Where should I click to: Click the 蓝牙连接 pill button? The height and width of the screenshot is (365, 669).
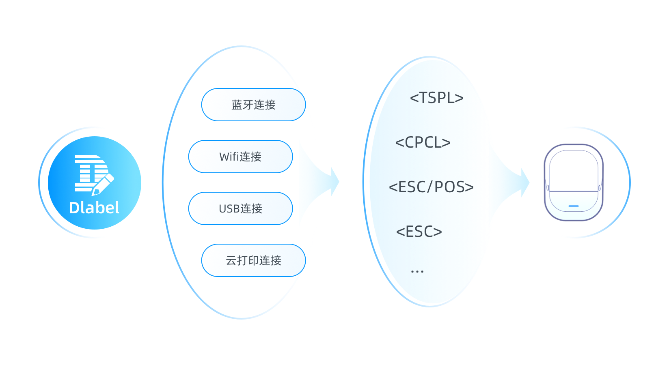[254, 105]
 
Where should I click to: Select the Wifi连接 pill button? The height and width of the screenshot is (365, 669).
[240, 157]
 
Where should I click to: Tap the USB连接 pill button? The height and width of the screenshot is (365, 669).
[240, 208]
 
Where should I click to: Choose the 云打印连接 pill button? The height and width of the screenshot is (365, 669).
[254, 260]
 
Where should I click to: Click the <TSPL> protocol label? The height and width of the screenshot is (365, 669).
[437, 98]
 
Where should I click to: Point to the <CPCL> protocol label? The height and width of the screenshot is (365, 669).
[423, 142]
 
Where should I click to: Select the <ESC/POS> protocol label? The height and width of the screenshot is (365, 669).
[431, 187]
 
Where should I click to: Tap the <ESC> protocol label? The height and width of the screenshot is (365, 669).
[419, 232]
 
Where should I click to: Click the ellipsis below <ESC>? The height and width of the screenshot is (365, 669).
[417, 271]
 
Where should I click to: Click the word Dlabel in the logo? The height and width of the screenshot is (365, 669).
[94, 208]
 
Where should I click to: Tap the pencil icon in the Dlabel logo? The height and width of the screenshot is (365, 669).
[102, 185]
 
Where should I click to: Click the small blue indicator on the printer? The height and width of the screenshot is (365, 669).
[574, 206]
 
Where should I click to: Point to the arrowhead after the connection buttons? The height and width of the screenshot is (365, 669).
[335, 181]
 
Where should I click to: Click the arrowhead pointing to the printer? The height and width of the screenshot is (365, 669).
[525, 182]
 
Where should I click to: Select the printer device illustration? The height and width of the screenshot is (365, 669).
[574, 182]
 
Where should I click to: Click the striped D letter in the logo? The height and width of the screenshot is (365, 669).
[91, 173]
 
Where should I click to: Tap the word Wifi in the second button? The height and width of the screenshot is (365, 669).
[229, 157]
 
